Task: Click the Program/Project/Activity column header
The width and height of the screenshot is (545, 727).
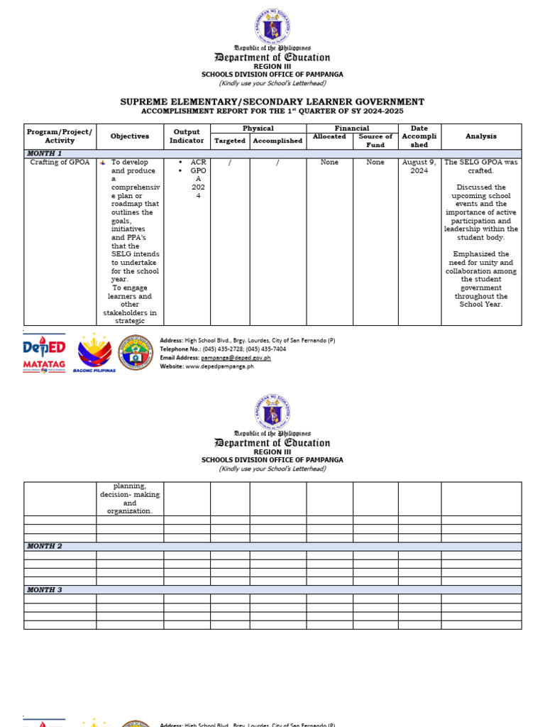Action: (60, 136)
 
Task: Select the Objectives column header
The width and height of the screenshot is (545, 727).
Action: (130, 136)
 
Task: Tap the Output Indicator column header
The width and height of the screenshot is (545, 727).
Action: (187, 136)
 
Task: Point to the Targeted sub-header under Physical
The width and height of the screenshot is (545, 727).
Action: (230, 141)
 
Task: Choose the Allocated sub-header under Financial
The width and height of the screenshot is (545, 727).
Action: (329, 136)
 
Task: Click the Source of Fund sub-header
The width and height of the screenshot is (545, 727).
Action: (375, 141)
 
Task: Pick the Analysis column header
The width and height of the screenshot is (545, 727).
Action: (481, 136)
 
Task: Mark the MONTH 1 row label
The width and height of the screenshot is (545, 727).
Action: (45, 153)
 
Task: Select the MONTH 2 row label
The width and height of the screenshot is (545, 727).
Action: (45, 546)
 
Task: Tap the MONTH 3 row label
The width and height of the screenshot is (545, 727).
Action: (45, 590)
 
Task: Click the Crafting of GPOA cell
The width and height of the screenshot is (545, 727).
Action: (60, 163)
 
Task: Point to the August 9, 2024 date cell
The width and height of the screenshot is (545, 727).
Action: (419, 167)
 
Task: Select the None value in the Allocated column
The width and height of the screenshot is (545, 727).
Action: (329, 163)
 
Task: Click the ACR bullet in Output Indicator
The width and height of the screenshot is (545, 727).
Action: (197, 163)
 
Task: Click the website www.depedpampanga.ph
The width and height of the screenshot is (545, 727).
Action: (219, 366)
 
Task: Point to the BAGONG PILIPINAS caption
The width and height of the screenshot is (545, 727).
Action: (94, 371)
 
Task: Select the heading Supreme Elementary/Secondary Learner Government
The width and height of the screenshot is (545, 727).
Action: (272, 102)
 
